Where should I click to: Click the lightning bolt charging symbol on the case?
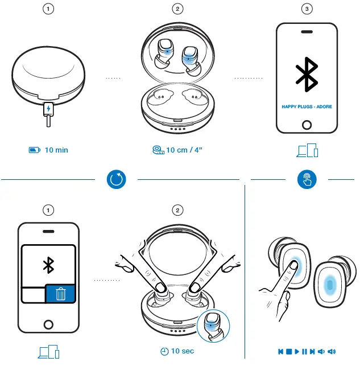49,108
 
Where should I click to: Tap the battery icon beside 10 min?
35,150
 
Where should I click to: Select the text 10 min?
56,150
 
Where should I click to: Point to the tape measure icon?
158,150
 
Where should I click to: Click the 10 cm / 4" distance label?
184,150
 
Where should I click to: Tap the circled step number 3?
307,9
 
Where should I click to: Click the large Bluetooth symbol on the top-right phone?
307,73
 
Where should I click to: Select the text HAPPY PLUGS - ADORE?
307,106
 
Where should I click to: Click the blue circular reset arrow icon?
117,180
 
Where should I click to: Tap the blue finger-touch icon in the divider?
307,180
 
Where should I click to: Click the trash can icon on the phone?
60,294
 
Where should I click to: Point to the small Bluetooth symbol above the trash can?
49,264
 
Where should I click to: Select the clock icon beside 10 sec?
164,351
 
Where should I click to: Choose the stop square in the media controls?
289,351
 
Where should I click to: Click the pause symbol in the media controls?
305,351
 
